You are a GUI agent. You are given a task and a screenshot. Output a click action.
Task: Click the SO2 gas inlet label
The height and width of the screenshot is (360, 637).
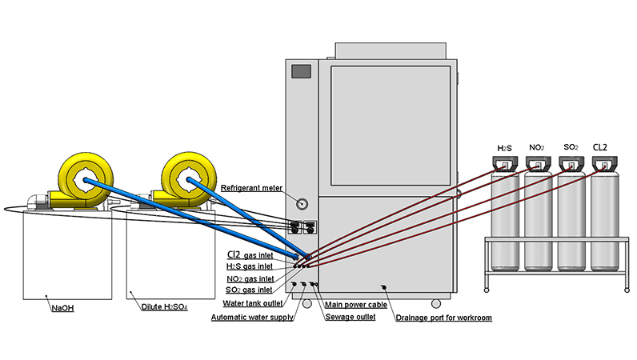249,289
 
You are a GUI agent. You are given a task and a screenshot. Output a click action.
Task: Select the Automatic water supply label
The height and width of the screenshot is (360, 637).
250,318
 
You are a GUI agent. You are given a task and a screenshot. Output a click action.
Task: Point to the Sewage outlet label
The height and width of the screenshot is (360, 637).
350,318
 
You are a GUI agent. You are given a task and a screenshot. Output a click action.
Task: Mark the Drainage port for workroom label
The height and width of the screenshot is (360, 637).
443,318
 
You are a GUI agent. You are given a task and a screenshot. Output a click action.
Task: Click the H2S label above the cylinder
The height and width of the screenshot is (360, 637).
504,148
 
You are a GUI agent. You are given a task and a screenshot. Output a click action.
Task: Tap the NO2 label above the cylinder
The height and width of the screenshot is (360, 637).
538,148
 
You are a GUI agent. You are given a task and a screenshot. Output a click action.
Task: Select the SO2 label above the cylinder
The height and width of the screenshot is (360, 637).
571,148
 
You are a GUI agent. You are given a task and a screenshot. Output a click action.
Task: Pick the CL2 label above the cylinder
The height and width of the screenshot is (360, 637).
603,148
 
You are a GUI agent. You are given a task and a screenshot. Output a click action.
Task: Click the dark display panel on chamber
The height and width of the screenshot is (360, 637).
301,71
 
